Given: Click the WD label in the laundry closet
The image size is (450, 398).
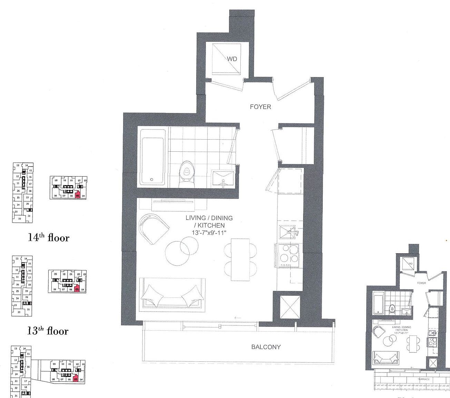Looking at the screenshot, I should click(232, 59).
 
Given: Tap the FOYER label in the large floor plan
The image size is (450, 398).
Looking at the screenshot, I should click(260, 107).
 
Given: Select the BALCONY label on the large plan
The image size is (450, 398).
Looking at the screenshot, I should click(266, 347).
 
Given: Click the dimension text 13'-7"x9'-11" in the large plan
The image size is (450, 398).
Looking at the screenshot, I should click(209, 233).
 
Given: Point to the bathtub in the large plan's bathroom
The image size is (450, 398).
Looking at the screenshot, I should click(153, 161).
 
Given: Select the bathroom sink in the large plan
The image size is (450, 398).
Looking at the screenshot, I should click(223, 179).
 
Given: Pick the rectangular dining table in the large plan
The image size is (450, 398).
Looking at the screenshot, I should click(240, 259).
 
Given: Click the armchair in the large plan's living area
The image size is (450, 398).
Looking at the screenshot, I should click(153, 228).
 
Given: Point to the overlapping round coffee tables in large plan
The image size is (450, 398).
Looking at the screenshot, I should click(181, 251).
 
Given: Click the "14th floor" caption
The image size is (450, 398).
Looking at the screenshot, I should click(49, 238).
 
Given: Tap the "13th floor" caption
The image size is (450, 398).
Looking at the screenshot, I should click(48, 331).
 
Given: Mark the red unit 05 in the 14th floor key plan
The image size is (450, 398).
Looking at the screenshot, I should click(78, 195).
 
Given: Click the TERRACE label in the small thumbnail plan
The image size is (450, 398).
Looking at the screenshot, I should click(424, 379).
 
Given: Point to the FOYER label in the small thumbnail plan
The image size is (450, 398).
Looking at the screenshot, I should click(421, 283).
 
